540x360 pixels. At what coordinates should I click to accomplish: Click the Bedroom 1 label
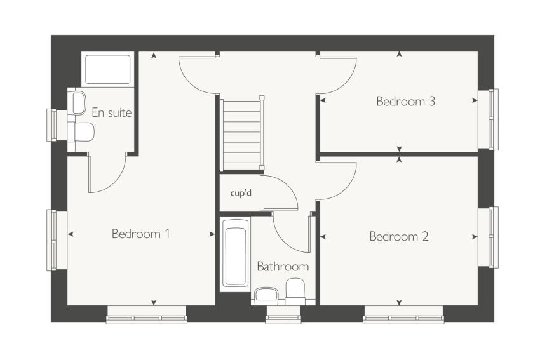click(x=140, y=234)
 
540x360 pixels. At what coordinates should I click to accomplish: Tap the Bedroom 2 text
click(x=399, y=236)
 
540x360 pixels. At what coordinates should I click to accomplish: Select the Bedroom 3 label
click(x=406, y=101)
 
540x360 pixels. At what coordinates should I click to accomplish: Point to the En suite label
click(x=112, y=112)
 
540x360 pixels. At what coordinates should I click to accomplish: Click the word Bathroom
click(x=283, y=267)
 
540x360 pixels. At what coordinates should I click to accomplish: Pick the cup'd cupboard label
click(x=241, y=193)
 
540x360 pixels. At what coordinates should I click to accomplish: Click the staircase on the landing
click(x=241, y=133)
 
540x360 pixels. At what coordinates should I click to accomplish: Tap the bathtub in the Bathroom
click(x=236, y=254)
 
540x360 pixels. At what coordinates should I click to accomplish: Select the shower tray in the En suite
click(x=108, y=69)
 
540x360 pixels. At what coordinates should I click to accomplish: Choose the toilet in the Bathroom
click(x=296, y=291)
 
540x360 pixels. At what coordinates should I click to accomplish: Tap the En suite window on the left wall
click(x=52, y=125)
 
